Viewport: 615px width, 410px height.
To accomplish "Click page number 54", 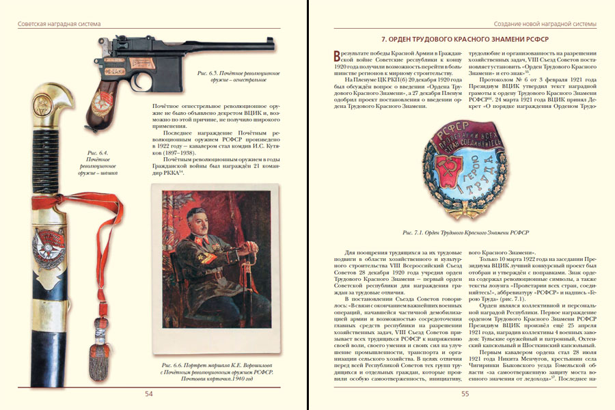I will tap(148, 394).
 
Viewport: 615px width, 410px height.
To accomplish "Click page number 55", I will tap(465, 394).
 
